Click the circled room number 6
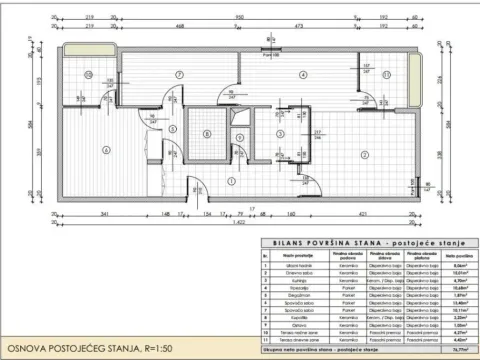(x=104, y=149)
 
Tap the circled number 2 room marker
(x=366, y=154)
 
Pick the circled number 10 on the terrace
(x=88, y=76)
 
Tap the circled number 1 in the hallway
(x=231, y=181)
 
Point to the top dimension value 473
(x=301, y=28)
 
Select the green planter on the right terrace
(x=412, y=79)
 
